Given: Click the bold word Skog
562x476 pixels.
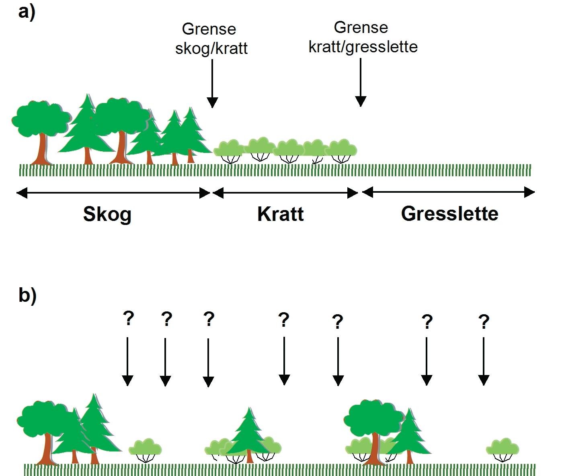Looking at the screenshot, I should pyautogui.click(x=107, y=214).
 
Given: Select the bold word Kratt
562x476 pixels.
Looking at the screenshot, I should pyautogui.click(x=280, y=214).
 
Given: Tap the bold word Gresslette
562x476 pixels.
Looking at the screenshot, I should pyautogui.click(x=449, y=213).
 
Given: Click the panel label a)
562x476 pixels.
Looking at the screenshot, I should pyautogui.click(x=27, y=12).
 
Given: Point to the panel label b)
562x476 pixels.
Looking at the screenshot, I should pyautogui.click(x=27, y=295).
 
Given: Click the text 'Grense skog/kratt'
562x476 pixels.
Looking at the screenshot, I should pyautogui.click(x=211, y=39).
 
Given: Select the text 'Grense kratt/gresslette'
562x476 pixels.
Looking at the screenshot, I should pyautogui.click(x=363, y=37).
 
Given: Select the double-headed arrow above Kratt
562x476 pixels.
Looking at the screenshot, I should pyautogui.click(x=285, y=194).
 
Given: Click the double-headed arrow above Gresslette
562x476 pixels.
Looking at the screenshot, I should pyautogui.click(x=448, y=192).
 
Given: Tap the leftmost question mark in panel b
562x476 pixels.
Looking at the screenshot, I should pyautogui.click(x=128, y=318).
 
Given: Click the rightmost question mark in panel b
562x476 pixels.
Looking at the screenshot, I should pyautogui.click(x=484, y=322).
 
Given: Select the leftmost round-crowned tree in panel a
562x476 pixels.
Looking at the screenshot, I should pyautogui.click(x=40, y=129).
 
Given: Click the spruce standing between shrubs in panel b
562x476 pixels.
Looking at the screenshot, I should pyautogui.click(x=249, y=433).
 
